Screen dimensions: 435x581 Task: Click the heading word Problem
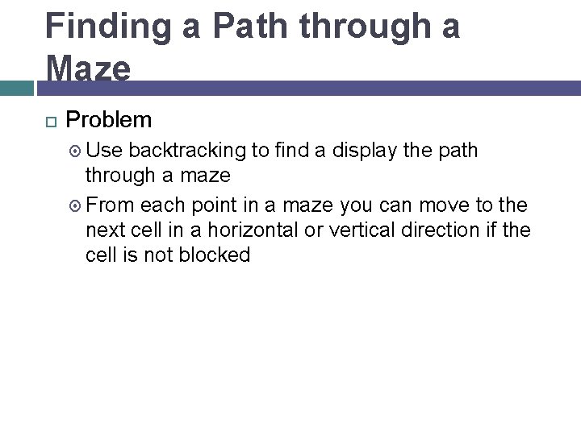coord(108,120)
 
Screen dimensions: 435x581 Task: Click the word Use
coord(105,151)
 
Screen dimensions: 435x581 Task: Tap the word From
coord(109,205)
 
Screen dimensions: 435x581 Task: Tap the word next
coord(107,230)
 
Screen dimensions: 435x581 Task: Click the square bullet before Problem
coord(51,122)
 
